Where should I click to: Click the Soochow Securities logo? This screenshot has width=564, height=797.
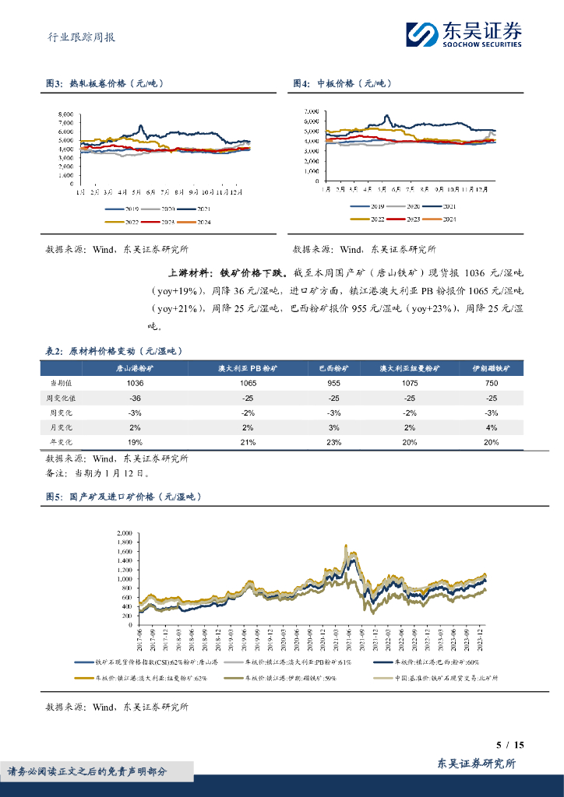[464, 33]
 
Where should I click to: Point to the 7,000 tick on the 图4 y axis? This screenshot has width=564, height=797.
[310, 111]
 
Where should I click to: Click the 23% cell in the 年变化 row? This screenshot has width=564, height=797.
[333, 442]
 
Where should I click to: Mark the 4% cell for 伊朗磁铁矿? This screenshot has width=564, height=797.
[491, 427]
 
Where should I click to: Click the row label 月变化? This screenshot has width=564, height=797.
[62, 427]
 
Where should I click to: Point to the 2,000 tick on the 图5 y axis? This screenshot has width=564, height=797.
[123, 533]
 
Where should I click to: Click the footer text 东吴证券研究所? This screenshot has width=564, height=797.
[476, 764]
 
